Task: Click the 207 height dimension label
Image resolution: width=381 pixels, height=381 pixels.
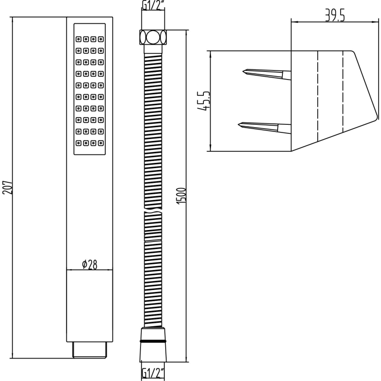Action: tap(7, 187)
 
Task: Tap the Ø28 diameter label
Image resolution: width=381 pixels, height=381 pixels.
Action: tap(90, 264)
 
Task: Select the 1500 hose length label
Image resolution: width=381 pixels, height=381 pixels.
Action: tap(181, 196)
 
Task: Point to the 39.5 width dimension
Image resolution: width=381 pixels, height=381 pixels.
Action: tap(335, 16)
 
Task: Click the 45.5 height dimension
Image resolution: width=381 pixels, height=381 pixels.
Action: tap(203, 101)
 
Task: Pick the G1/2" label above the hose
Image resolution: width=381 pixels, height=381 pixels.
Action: tap(153, 5)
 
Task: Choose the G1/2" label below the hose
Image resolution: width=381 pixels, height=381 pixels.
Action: tap(153, 372)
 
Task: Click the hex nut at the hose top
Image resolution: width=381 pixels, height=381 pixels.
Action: tap(153, 37)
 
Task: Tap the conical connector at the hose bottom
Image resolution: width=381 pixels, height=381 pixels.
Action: tap(153, 344)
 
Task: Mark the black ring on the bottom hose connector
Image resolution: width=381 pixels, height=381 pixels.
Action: tap(153, 341)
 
